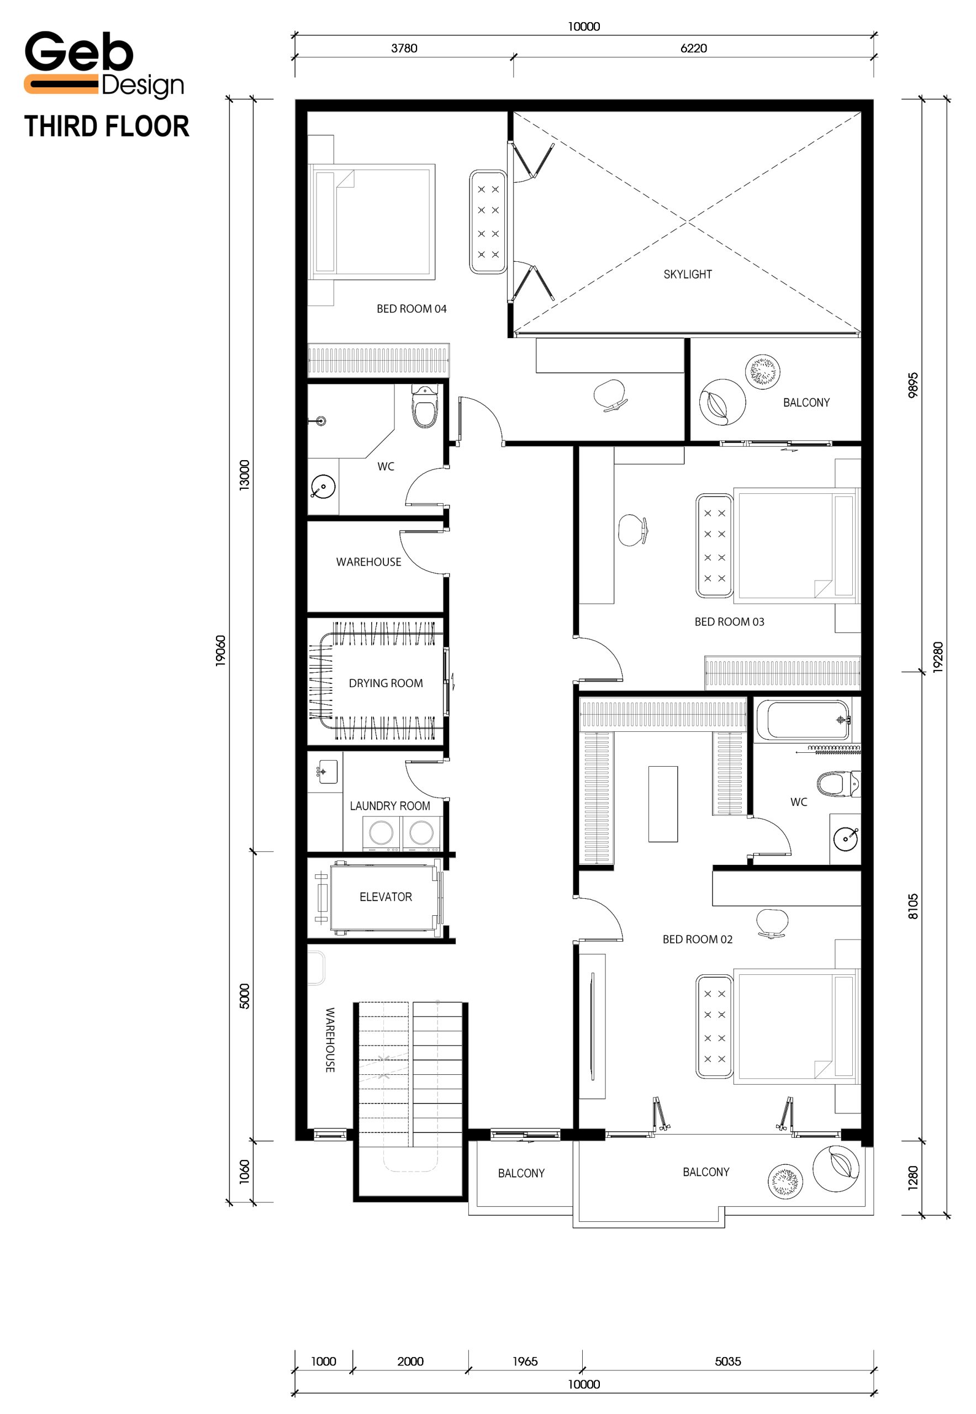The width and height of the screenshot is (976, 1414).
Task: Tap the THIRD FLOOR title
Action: point(107,126)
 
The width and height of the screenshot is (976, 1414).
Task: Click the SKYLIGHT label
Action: point(688,275)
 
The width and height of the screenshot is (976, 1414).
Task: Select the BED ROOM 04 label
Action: point(411,309)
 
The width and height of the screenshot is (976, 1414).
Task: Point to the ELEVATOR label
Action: point(386,897)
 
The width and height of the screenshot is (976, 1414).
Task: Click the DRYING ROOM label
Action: point(386,684)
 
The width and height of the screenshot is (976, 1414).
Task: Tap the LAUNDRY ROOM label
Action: point(390,806)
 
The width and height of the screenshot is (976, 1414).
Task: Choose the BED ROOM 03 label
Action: point(730,622)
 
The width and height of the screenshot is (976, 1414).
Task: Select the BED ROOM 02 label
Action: point(698,940)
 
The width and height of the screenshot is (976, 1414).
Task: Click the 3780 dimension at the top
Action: point(404,48)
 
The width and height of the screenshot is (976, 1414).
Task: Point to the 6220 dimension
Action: point(694,48)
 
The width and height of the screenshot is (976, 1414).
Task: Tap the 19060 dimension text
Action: point(220,651)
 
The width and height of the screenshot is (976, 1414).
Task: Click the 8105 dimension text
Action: point(913,906)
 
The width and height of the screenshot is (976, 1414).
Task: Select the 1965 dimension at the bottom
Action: point(525,1362)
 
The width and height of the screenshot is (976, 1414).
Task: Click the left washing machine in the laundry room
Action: point(382,833)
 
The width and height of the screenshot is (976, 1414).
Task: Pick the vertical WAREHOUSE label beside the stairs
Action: point(330,1040)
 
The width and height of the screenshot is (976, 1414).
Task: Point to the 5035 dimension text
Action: point(728,1362)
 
